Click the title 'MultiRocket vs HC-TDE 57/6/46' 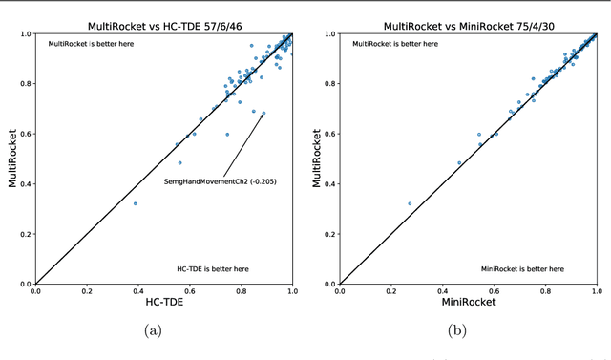click(x=163, y=23)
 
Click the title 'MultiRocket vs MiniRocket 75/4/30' click(x=469, y=23)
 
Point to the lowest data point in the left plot click(x=135, y=203)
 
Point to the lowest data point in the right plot click(x=410, y=203)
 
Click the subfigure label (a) click(x=153, y=332)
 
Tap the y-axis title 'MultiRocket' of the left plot click(x=11, y=159)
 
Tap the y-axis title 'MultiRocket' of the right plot click(x=317, y=159)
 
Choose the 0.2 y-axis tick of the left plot click(x=22, y=234)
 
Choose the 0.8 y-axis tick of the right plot click(x=327, y=84)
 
